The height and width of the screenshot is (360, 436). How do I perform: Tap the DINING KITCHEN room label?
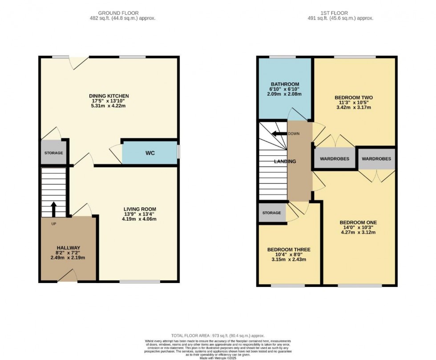pyautogui.click(x=109, y=96)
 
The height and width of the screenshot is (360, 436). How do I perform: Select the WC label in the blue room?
pyautogui.click(x=150, y=154)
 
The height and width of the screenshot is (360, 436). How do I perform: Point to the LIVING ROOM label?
pyautogui.click(x=140, y=209)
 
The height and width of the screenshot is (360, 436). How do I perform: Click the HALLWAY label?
pyautogui.click(x=68, y=247)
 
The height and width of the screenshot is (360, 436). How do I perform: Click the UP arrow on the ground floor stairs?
pyautogui.click(x=54, y=208)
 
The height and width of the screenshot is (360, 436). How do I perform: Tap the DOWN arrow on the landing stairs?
pyautogui.click(x=279, y=133)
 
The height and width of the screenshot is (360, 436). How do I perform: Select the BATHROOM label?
pyautogui.click(x=285, y=84)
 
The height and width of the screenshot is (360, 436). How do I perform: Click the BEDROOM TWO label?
pyautogui.click(x=353, y=97)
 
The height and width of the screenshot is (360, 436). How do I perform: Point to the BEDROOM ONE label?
pyautogui.click(x=358, y=222)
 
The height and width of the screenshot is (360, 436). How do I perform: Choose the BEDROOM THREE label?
pyautogui.click(x=289, y=250)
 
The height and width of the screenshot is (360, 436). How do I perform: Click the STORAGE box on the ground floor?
pyautogui.click(x=53, y=153)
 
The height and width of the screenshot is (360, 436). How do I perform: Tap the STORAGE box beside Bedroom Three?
pyautogui.click(x=271, y=213)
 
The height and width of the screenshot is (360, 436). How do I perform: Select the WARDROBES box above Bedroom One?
pyautogui.click(x=376, y=159)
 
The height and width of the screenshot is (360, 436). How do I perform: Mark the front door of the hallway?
pyautogui.click(x=68, y=277)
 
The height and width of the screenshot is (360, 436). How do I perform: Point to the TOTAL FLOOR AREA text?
pyautogui.click(x=218, y=336)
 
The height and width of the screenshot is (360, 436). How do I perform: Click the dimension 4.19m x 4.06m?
pyautogui.click(x=140, y=219)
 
